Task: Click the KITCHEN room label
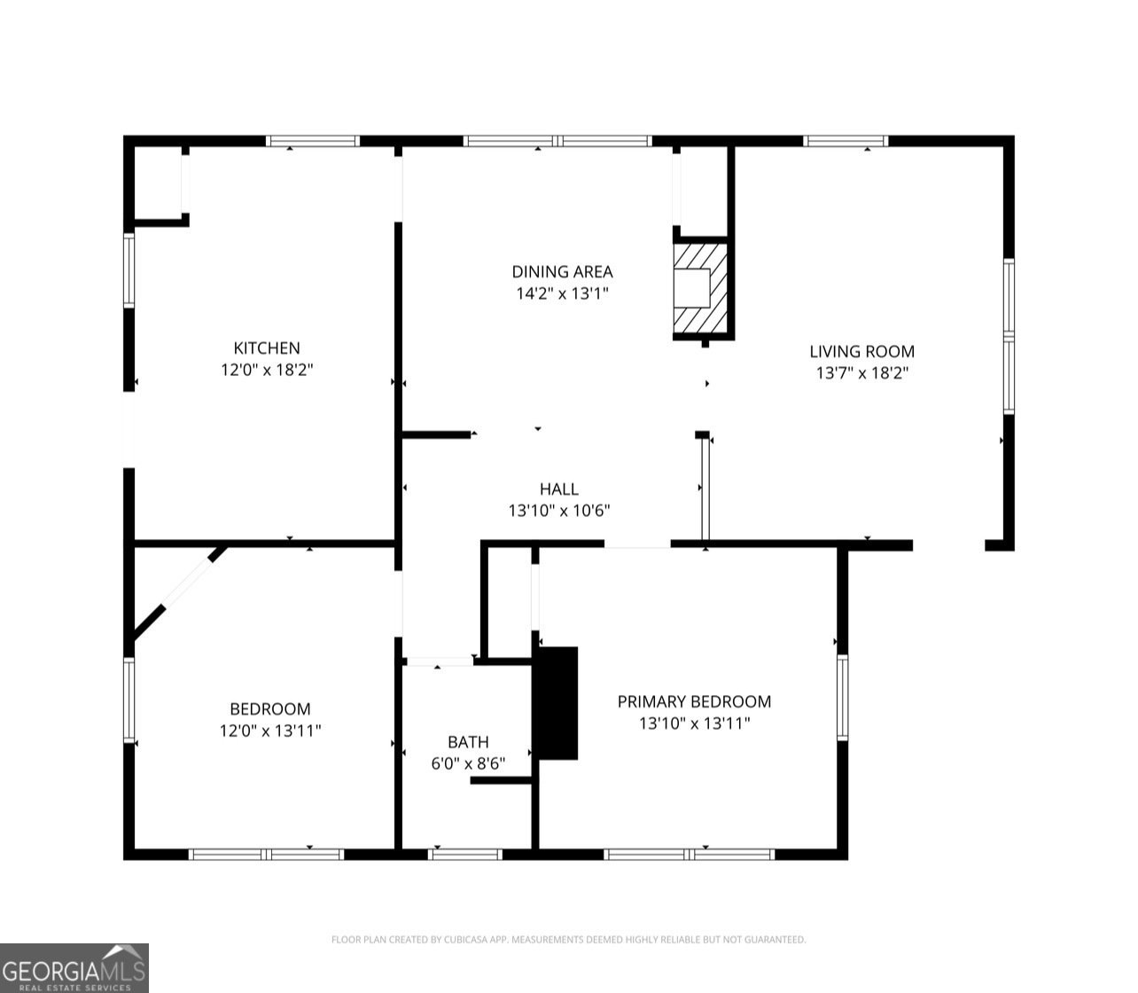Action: coord(267,348)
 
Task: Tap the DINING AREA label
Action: coord(562,271)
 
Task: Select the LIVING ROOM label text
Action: coord(861,351)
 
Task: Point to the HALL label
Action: coord(559,489)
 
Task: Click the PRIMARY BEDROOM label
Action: coord(694,701)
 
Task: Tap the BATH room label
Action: coord(468,741)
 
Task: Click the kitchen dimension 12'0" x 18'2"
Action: coord(267,370)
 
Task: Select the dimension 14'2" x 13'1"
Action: coord(562,293)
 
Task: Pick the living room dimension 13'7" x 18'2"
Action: coord(862,372)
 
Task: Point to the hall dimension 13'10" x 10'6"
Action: coord(559,511)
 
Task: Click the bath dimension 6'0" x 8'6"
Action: coord(468,763)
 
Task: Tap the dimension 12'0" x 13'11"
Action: coord(270,730)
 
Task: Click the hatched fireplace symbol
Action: coord(700,288)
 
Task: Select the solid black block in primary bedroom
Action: coord(557,703)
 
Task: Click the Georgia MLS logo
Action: coord(74,968)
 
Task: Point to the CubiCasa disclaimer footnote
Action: coord(568,940)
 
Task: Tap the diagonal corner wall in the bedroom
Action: coord(179,592)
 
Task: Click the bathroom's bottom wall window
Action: coord(465,855)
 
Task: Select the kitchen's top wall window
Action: coord(313,141)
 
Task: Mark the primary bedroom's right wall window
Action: coord(842,697)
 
